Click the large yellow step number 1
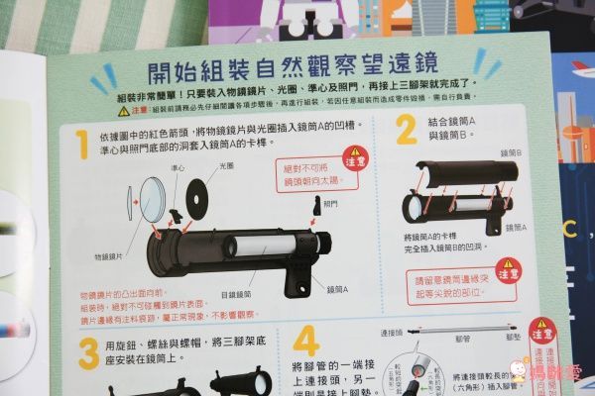(82, 143)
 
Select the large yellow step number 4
(305, 342)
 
